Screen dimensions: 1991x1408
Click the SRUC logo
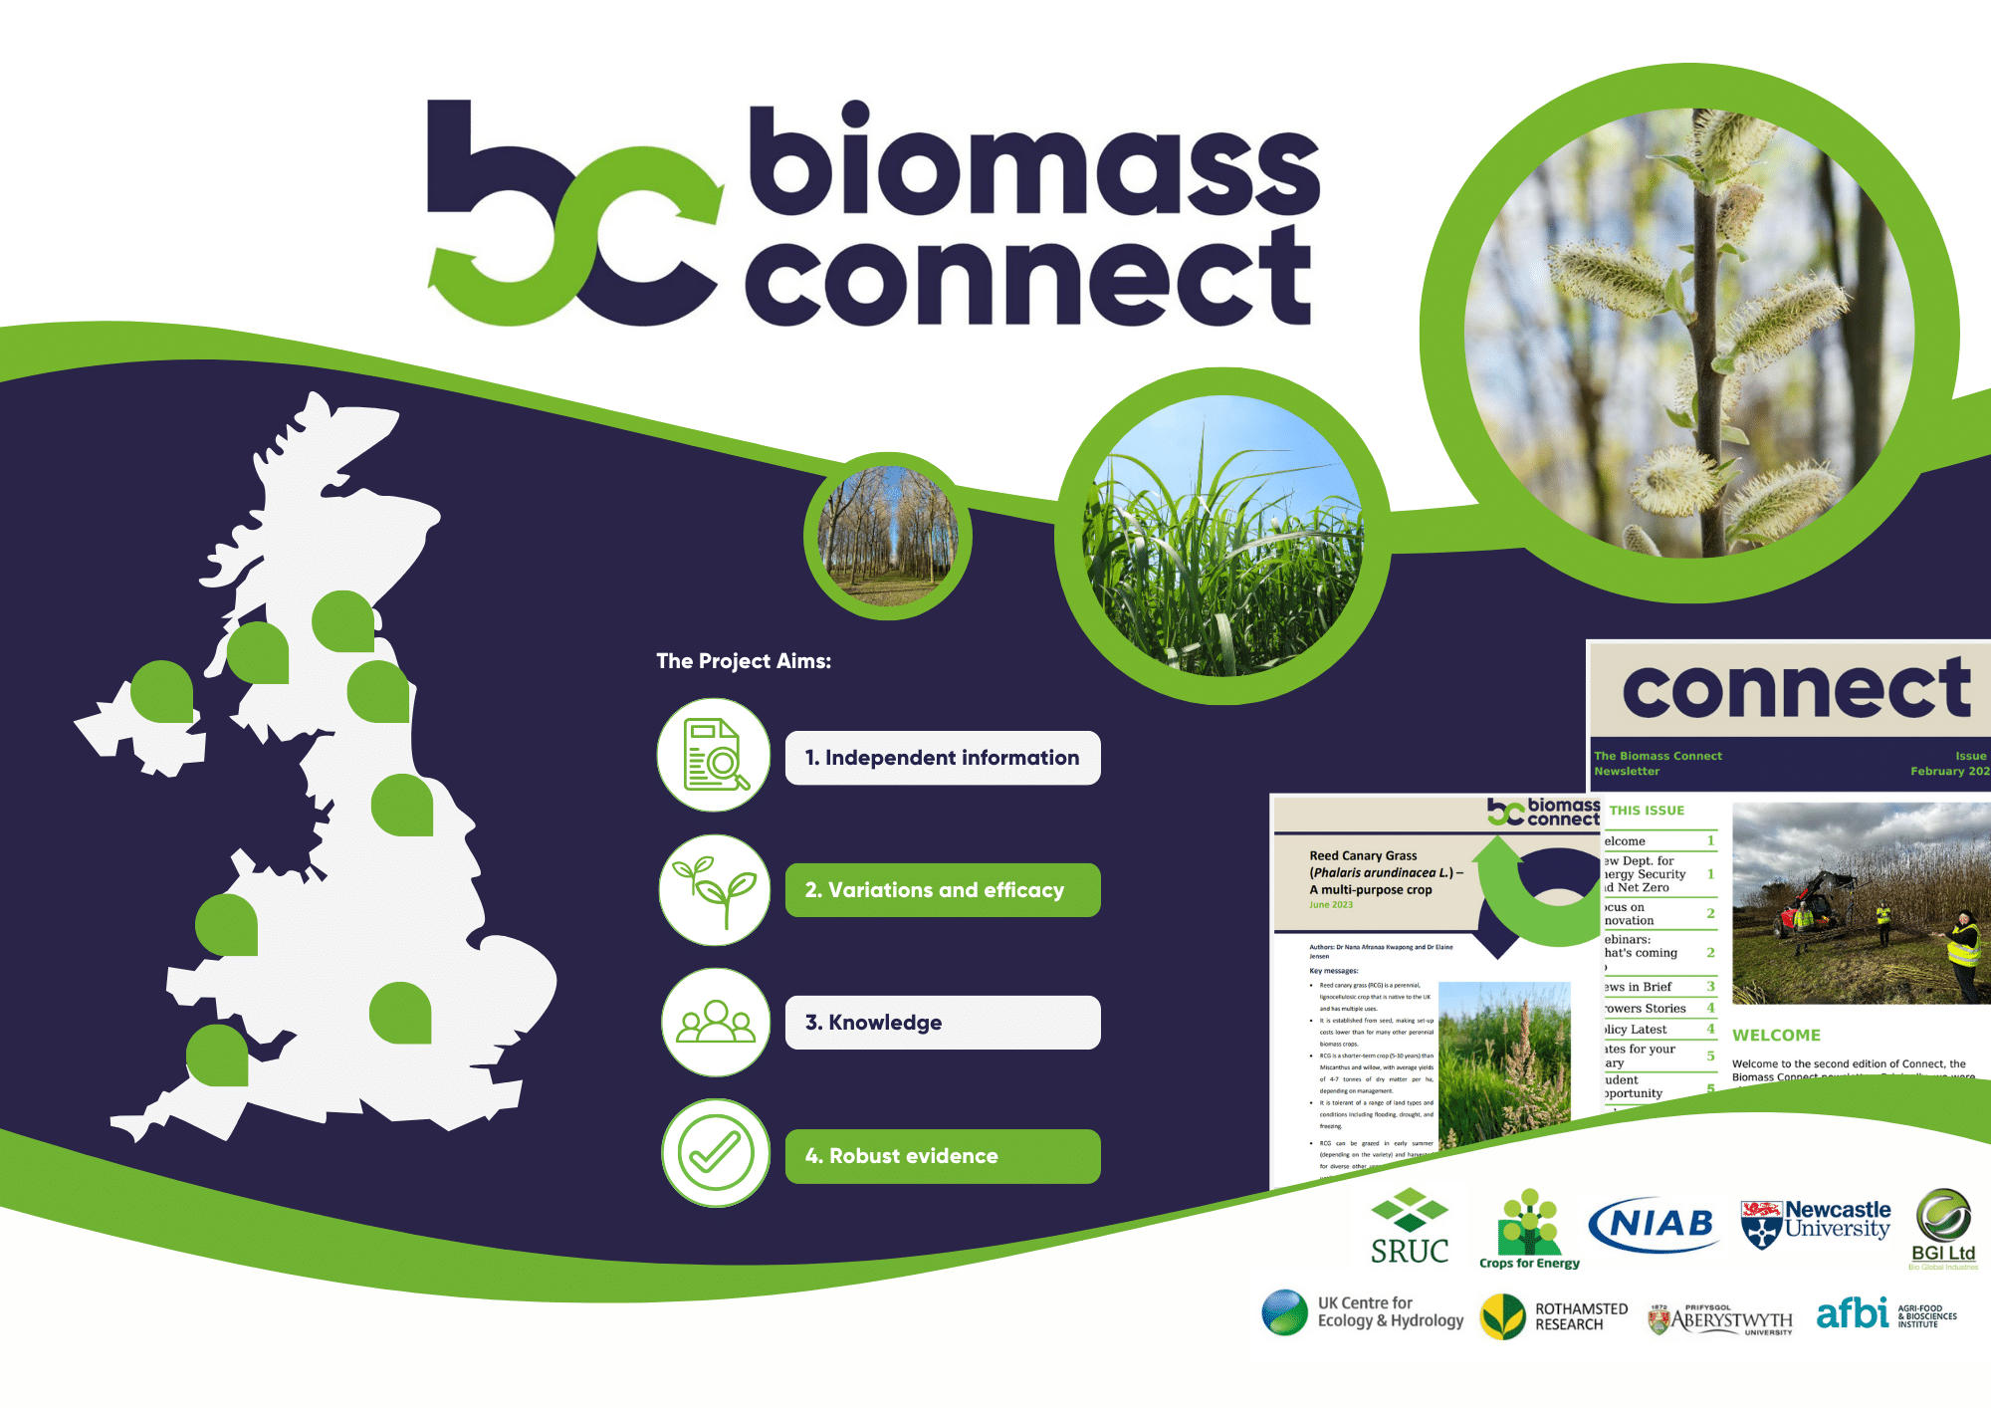pos(1409,1227)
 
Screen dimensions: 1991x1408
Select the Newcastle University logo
pos(1816,1223)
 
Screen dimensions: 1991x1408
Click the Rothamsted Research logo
pos(1554,1316)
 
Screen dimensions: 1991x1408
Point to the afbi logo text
pos(1852,1313)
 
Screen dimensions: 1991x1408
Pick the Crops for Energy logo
pos(1529,1230)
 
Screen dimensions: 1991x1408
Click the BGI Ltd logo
pos(1943,1229)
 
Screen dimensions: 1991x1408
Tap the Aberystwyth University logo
pos(1721,1320)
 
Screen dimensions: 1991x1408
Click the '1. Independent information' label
pos(942,758)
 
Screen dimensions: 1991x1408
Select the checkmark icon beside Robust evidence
pos(715,1153)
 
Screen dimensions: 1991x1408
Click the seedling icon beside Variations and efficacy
pos(715,889)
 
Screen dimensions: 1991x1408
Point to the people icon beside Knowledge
pos(715,1022)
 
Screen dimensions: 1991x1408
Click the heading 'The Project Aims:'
pos(744,661)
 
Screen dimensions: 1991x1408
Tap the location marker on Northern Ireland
pos(162,691)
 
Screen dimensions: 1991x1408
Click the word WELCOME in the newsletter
pos(1776,1036)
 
